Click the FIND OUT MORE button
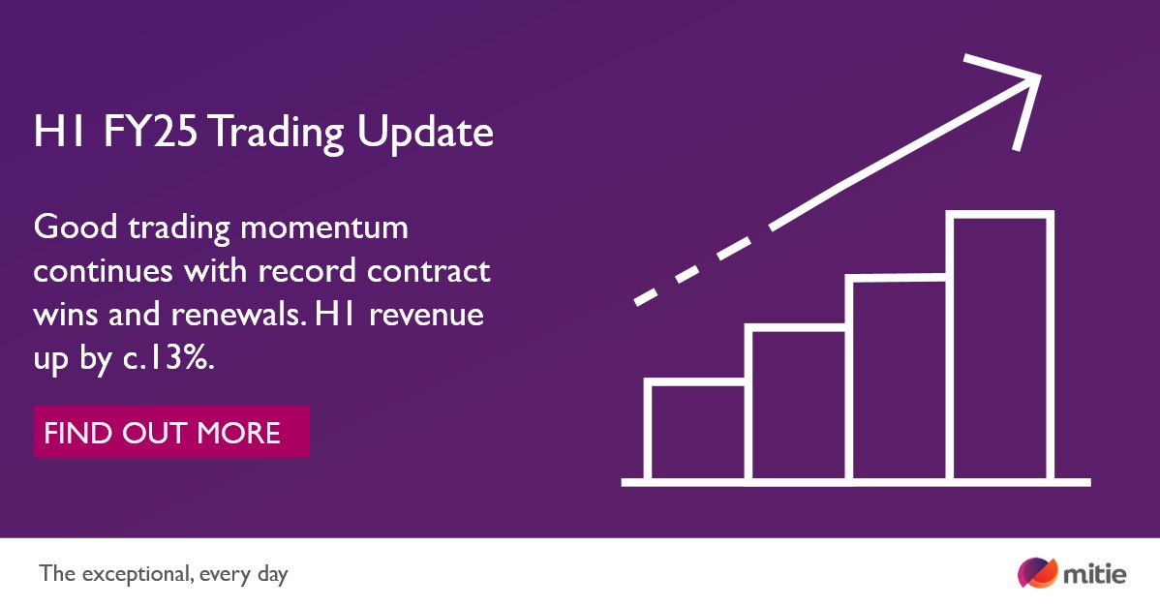pos(171,432)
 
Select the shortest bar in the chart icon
pos(696,432)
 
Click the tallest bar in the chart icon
pos(1002,347)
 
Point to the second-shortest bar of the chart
pos(797,404)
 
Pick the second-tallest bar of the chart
pos(898,379)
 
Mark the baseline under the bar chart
pos(857,481)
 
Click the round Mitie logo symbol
pos(1037,572)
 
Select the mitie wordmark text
pos(1095,574)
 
